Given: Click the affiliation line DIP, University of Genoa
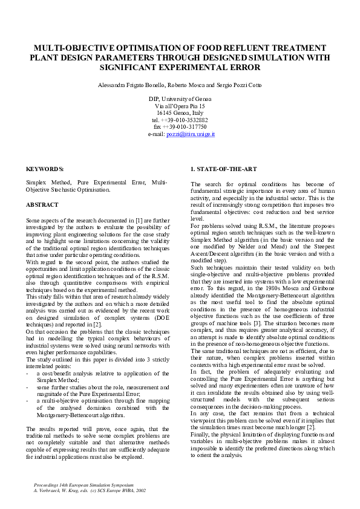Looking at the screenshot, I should [x=180, y=99].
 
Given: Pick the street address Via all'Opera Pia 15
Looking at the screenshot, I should [x=180, y=106].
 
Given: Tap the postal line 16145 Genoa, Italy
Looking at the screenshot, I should [x=180, y=112].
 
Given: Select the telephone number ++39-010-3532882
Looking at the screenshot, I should [x=186, y=120].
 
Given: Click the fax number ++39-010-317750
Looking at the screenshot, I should [x=188, y=127].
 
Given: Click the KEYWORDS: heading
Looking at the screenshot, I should [x=45, y=169].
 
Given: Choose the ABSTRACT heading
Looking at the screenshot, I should [x=42, y=205].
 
